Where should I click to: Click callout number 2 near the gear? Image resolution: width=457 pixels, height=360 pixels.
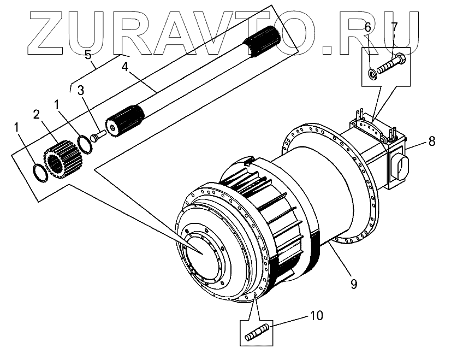(x=36, y=114)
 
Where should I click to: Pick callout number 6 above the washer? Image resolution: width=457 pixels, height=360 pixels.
(x=367, y=27)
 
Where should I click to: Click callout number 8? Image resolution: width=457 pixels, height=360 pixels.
(x=431, y=141)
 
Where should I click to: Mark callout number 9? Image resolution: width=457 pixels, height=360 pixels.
(x=353, y=283)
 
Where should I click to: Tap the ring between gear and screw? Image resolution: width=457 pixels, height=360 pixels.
(x=84, y=144)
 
